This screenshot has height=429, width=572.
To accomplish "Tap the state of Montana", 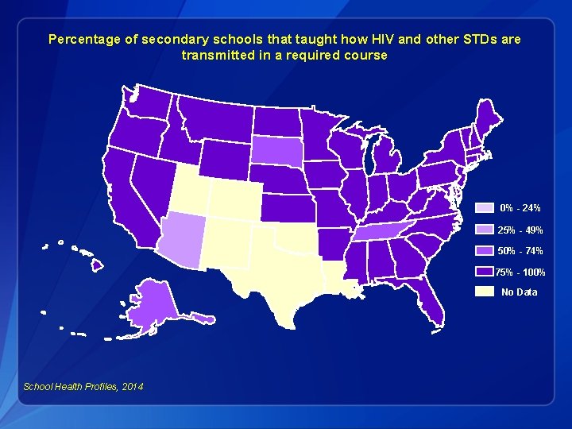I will (x=214, y=119).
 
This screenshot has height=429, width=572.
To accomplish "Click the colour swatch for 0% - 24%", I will (x=484, y=208).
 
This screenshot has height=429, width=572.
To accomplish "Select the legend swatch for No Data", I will (x=484, y=292).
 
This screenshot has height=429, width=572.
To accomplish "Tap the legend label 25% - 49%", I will (x=520, y=230).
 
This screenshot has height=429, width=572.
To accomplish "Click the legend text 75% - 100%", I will (x=520, y=272).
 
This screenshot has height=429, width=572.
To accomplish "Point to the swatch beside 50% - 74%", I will (x=484, y=251).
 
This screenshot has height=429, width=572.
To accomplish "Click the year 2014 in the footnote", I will (x=133, y=386).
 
